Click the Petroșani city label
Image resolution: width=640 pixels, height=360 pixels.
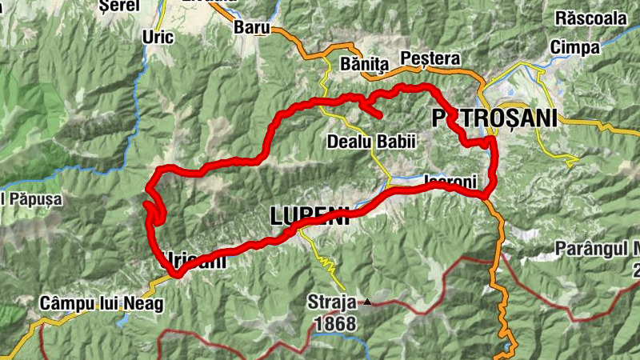click(494, 118)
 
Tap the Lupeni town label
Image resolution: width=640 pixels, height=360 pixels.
click(310, 215)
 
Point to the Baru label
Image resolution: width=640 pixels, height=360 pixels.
click(250, 27)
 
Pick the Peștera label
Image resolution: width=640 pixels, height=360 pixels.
click(430, 58)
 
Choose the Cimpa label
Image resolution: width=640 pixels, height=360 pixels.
click(575, 47)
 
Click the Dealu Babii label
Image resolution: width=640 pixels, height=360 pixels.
click(372, 142)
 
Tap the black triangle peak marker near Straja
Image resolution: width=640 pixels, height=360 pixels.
click(367, 302)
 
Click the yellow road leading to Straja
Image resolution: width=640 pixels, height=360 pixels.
click(329, 260)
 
